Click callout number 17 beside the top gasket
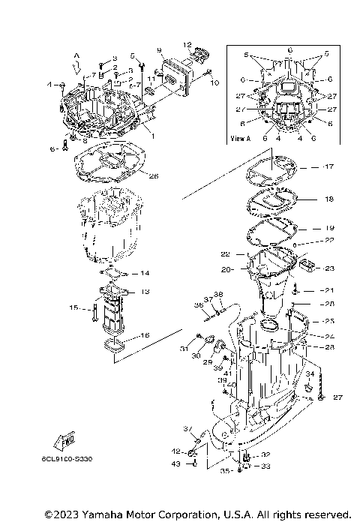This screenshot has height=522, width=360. tap(328, 166)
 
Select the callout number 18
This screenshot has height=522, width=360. tap(328, 201)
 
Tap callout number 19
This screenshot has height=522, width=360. tap(328, 226)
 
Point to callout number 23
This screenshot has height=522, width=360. tap(328, 268)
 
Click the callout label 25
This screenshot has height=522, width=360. tap(328, 320)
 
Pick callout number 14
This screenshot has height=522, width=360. tap(145, 272)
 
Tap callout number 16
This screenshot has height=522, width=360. tap(145, 335)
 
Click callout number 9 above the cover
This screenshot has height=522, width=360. tap(160, 50)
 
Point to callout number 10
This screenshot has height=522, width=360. tap(215, 82)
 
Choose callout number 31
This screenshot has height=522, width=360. tap(182, 348)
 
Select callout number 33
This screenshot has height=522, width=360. tap(265, 466)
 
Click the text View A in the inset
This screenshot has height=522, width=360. tap(240, 139)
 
